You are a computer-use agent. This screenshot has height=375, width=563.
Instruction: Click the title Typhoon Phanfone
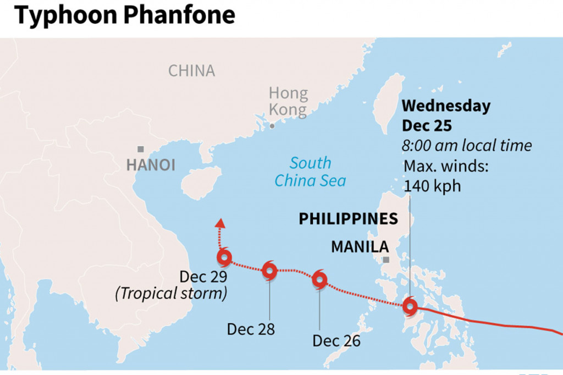(125, 15)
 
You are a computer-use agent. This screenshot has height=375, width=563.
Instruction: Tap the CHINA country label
(191, 71)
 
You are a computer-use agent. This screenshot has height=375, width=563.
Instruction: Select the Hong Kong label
(288, 101)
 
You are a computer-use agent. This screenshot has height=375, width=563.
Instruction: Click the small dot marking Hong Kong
(272, 126)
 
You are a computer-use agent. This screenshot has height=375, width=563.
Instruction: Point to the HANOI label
(150, 165)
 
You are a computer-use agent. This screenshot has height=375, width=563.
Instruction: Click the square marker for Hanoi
(141, 149)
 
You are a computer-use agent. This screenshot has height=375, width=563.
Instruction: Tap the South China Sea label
(311, 172)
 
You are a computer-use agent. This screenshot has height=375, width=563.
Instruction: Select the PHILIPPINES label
(348, 219)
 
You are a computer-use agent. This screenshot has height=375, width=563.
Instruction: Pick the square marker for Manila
(386, 260)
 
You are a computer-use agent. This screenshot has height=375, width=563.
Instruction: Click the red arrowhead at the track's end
(220, 222)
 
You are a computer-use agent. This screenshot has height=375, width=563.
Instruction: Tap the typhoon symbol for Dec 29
(224, 257)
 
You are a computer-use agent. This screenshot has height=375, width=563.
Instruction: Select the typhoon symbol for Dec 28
(269, 270)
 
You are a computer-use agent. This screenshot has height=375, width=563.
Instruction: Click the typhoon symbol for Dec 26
(319, 280)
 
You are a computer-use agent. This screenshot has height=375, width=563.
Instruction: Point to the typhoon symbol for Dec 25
(410, 307)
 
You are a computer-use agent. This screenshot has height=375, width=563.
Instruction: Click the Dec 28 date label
(251, 329)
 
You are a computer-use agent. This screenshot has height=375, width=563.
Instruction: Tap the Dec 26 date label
(336, 341)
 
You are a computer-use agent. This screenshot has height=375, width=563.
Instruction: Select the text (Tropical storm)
(171, 294)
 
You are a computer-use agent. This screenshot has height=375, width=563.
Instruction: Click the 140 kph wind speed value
(432, 186)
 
